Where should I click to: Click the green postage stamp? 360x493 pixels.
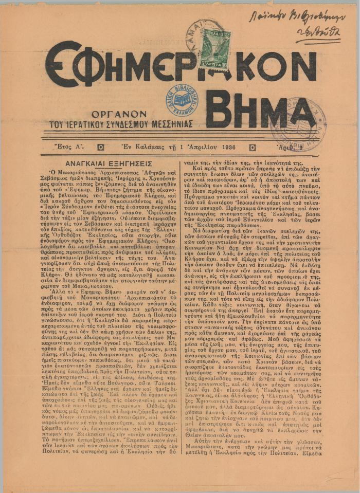pos(214,49)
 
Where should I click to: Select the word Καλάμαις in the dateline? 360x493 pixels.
pos(154,147)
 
